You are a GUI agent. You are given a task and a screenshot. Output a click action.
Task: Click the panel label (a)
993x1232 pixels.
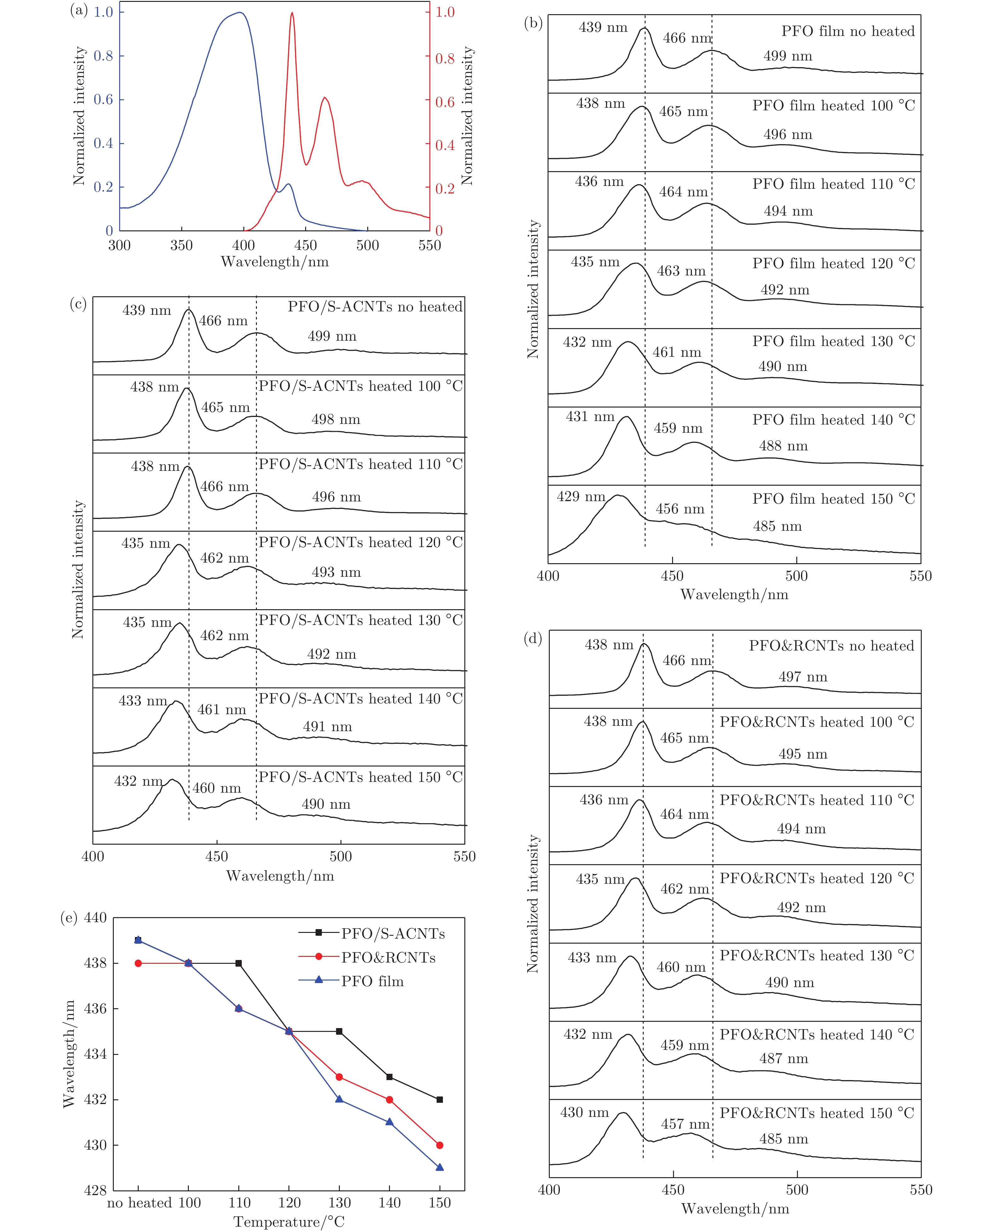pos(78,11)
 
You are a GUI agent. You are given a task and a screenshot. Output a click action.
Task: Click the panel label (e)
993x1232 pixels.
pos(69,918)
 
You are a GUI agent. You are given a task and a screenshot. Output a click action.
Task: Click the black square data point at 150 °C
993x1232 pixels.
pos(439,1100)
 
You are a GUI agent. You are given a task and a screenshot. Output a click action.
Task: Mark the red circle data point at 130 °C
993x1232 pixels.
pos(339,1077)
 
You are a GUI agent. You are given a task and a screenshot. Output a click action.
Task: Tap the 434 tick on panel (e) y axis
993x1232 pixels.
pos(95,1054)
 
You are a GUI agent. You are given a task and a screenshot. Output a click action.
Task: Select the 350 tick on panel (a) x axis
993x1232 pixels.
pos(181,246)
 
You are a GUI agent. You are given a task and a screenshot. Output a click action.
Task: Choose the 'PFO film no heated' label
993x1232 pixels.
pos(848,32)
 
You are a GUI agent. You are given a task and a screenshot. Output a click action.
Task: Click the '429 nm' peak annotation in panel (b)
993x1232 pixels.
pos(581,496)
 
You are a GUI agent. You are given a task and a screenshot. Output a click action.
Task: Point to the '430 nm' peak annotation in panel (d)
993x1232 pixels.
pos(584,1113)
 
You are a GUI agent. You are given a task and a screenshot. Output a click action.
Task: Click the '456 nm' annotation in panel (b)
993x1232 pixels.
pos(680,509)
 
